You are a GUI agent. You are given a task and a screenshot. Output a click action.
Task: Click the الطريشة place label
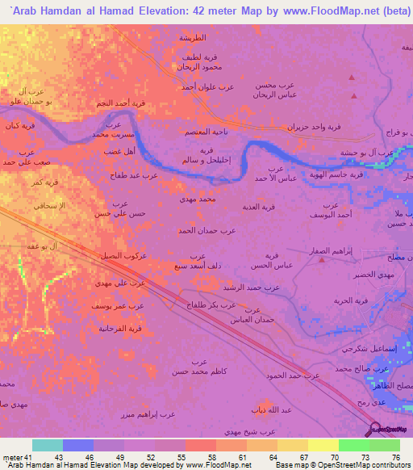point(194,38)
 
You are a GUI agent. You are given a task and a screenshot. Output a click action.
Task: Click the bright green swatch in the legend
point(354,445)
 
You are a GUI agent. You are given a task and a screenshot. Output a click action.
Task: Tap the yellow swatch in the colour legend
point(323,445)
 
